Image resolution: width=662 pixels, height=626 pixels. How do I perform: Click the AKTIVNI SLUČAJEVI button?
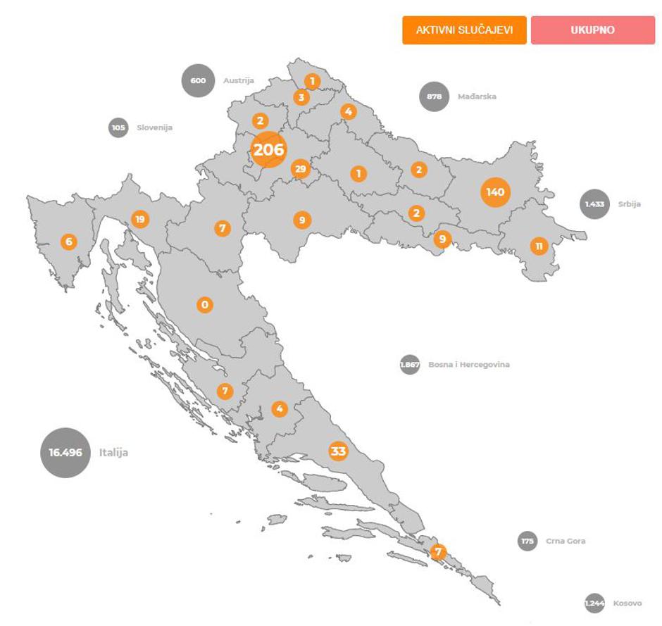pyautogui.click(x=464, y=30)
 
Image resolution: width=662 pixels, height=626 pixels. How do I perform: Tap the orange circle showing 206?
pyautogui.click(x=268, y=149)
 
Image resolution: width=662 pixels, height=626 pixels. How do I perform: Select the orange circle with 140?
pyautogui.click(x=495, y=192)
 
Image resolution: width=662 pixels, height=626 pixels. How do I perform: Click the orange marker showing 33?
pyautogui.click(x=339, y=451)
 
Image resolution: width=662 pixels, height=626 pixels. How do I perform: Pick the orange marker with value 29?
pyautogui.click(x=301, y=169)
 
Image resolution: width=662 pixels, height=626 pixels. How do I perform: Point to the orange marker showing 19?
pyautogui.click(x=139, y=219)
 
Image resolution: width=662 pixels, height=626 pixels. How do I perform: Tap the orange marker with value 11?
pyautogui.click(x=539, y=246)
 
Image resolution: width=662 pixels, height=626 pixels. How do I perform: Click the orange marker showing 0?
pyautogui.click(x=204, y=305)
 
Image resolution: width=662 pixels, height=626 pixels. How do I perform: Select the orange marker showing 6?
pyautogui.click(x=68, y=242)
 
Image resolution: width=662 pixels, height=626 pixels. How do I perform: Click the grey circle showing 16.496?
pyautogui.click(x=65, y=452)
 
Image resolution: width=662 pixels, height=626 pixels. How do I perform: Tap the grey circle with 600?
pyautogui.click(x=198, y=80)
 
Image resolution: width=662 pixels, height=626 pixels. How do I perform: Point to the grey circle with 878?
pyautogui.click(x=434, y=97)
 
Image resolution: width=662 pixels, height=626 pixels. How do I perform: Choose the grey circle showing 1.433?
pyautogui.click(x=595, y=204)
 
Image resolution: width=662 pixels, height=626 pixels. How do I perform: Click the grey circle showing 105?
pyautogui.click(x=118, y=127)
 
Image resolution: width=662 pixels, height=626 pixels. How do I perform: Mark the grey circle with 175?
pyautogui.click(x=527, y=541)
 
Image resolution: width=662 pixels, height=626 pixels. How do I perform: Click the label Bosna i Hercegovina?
pyautogui.click(x=469, y=365)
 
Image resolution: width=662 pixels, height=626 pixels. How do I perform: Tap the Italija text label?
pyautogui.click(x=113, y=453)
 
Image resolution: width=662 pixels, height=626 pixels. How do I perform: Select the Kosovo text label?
pyautogui.click(x=627, y=603)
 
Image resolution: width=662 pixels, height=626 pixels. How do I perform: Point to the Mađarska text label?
pyautogui.click(x=477, y=96)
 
